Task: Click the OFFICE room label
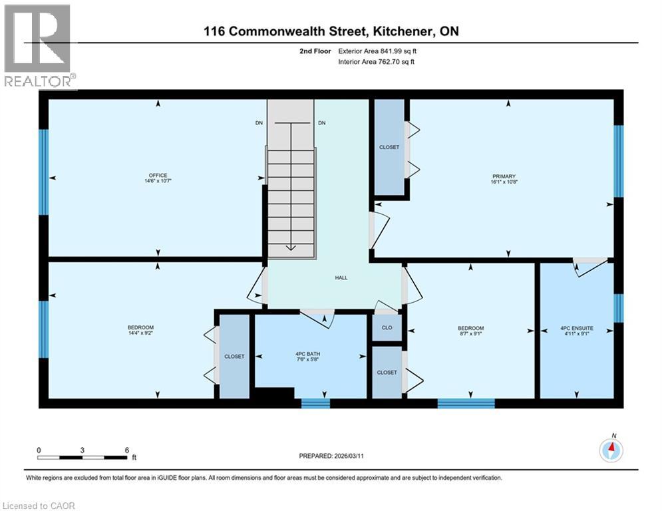pos(158,176)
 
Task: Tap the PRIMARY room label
pos(509,176)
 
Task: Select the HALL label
pos(341,278)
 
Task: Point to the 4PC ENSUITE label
pos(577,328)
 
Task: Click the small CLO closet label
pos(387,328)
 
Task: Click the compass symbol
pos(611,451)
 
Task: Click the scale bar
pos(83,457)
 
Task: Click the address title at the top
pos(331,31)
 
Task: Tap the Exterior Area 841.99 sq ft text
pos(377,51)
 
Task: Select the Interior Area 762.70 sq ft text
pos(377,62)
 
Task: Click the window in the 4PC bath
pos(315,403)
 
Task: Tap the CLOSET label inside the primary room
pos(389,147)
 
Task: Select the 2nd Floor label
pos(315,51)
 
